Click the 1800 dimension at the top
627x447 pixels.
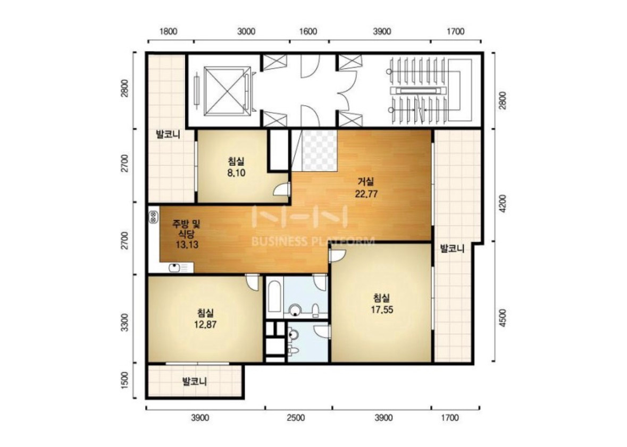[168, 31]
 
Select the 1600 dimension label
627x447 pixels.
[308, 31]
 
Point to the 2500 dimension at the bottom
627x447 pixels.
[296, 418]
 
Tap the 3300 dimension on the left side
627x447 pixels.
[125, 323]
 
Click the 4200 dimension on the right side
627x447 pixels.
[503, 204]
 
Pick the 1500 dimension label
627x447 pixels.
[125, 381]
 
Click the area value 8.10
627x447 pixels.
[236, 173]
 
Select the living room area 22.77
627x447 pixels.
[366, 194]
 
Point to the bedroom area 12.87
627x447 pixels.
[205, 324]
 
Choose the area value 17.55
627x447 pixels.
[382, 309]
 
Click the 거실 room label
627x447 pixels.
[366, 182]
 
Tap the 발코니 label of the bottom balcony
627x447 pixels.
[195, 382]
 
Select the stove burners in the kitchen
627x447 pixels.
[153, 217]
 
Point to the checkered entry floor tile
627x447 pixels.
[319, 149]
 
